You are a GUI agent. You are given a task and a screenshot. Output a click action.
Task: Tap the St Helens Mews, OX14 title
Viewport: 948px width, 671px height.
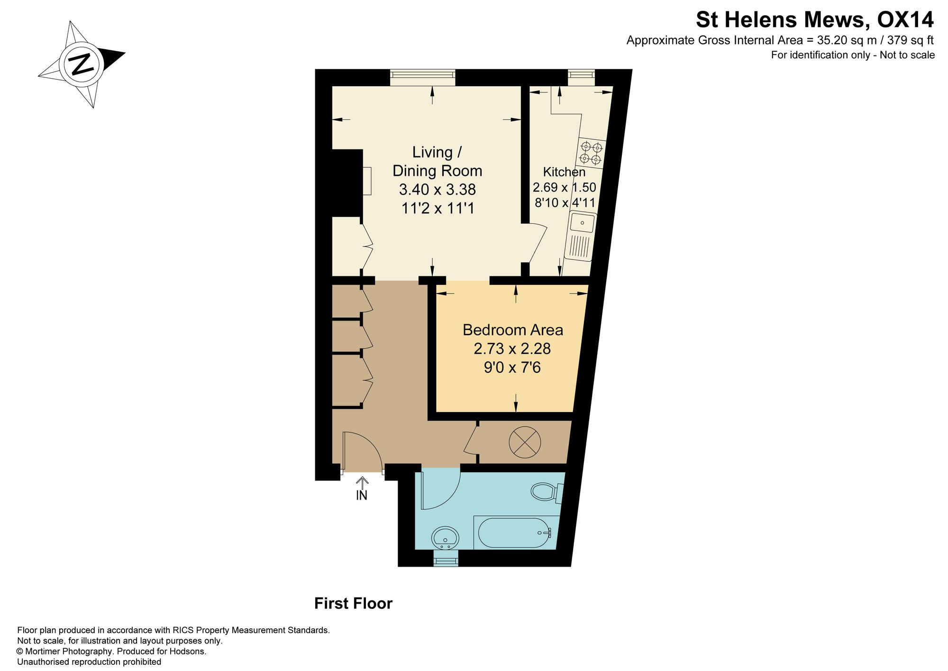click(x=815, y=20)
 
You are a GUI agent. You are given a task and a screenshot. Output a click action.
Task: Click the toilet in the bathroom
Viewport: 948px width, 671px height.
click(x=547, y=492)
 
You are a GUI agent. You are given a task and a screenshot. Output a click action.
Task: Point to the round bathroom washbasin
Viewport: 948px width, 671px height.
click(x=445, y=538)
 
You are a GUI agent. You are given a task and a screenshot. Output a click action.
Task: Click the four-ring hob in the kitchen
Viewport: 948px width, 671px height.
click(x=591, y=153)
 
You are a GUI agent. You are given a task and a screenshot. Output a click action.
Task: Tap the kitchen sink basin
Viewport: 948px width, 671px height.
click(x=583, y=222)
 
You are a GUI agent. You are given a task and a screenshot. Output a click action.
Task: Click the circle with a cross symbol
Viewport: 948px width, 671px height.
click(x=524, y=442)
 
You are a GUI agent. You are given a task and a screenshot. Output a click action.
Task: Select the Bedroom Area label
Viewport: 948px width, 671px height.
click(x=513, y=330)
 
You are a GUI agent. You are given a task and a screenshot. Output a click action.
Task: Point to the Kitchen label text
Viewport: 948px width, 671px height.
click(x=564, y=172)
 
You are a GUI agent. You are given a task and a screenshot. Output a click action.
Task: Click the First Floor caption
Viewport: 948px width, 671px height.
click(x=354, y=603)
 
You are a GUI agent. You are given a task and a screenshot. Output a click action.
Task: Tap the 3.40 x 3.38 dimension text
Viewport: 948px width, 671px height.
click(x=437, y=189)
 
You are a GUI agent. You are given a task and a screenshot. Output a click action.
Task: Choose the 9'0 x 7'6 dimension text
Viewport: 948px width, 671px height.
click(x=512, y=367)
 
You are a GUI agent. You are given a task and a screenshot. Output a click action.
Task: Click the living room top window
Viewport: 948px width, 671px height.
click(x=423, y=77)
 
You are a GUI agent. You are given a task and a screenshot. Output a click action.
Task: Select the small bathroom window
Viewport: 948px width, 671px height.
click(x=446, y=559)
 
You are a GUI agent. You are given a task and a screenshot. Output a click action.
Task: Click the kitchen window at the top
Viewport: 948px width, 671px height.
click(x=581, y=77)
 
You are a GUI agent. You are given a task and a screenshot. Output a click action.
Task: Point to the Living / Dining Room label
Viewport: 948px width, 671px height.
click(x=437, y=161)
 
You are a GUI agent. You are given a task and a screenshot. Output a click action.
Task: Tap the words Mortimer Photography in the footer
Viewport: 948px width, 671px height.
click(x=68, y=651)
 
